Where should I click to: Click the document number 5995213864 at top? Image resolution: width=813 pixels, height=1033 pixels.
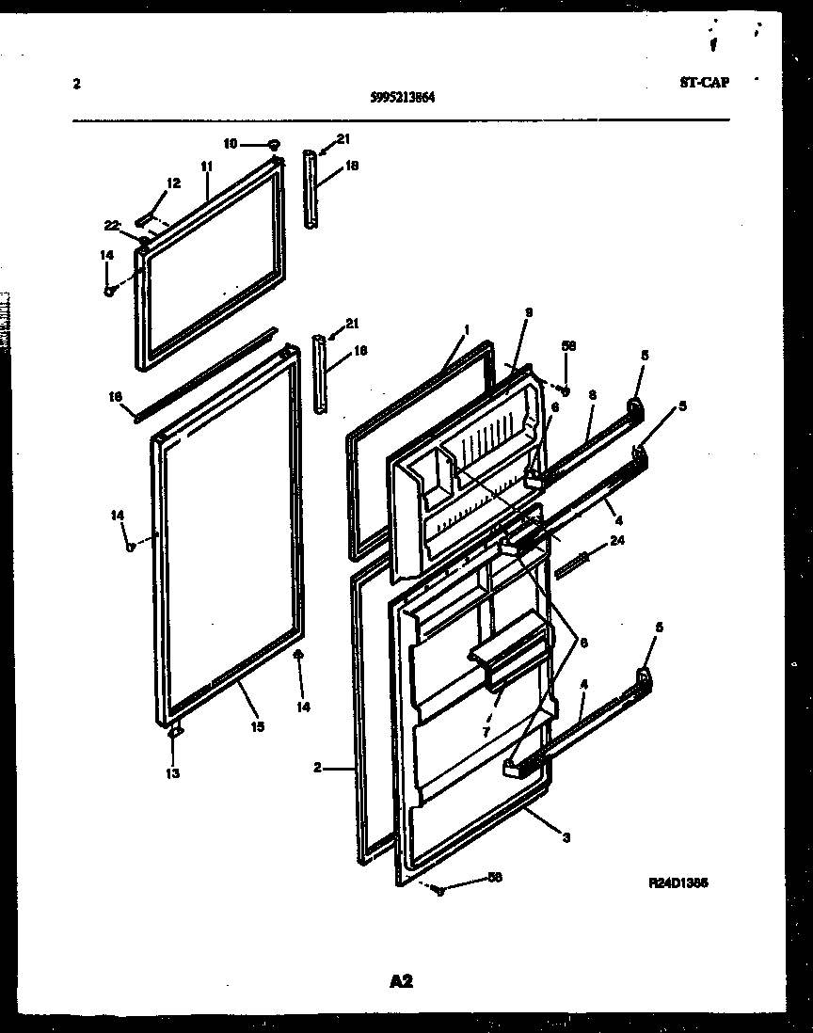point(402,95)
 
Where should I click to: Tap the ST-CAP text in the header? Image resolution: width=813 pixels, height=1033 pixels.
point(704,81)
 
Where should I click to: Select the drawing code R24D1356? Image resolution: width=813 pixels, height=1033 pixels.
point(678,883)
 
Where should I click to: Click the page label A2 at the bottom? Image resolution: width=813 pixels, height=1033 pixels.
point(402,982)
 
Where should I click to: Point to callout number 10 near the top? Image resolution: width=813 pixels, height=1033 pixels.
point(231,144)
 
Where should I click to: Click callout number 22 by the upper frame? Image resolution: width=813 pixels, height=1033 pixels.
point(111,225)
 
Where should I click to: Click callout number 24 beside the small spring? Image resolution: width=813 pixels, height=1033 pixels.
point(617,540)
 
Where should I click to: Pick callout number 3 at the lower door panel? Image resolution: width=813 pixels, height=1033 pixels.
point(565,837)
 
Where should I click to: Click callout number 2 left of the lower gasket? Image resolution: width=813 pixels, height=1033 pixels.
point(320,768)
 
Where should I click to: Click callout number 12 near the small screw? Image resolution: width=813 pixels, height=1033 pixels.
point(173,183)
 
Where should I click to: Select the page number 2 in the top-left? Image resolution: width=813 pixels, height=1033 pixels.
point(76,83)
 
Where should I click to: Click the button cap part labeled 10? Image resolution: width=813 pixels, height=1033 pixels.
point(273,144)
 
